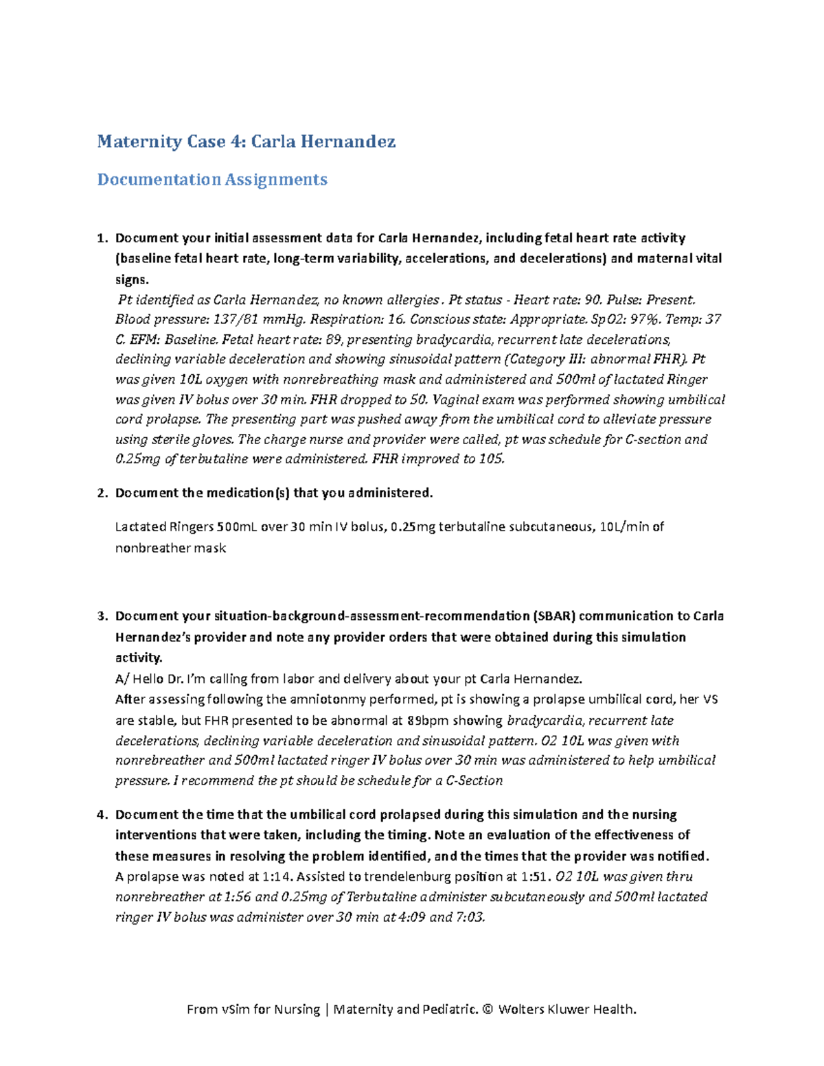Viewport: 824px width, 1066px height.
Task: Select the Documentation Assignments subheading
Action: click(x=211, y=179)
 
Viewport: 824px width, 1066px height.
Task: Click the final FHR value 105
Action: click(x=492, y=459)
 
